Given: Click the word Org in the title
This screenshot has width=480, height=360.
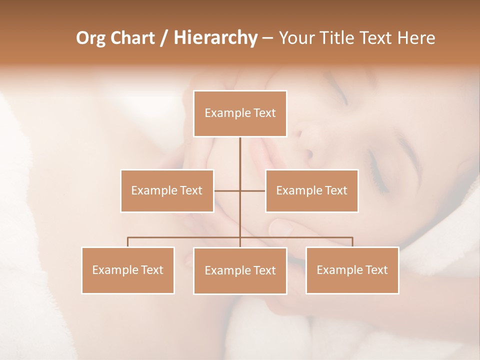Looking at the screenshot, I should pyautogui.click(x=90, y=38).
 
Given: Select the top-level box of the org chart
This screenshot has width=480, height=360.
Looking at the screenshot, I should pyautogui.click(x=240, y=113).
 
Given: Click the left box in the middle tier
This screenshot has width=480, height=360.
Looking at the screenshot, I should pyautogui.click(x=167, y=190).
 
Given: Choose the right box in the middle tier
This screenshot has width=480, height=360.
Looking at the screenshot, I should pyautogui.click(x=311, y=190).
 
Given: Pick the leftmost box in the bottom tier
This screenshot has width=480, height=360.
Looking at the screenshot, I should pyautogui.click(x=128, y=270).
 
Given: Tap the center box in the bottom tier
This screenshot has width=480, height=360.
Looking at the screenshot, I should pyautogui.click(x=240, y=270).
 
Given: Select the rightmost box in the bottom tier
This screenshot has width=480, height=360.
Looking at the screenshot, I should pyautogui.click(x=352, y=270).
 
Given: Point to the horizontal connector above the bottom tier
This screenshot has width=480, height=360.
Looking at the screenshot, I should pyautogui.click(x=185, y=238).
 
